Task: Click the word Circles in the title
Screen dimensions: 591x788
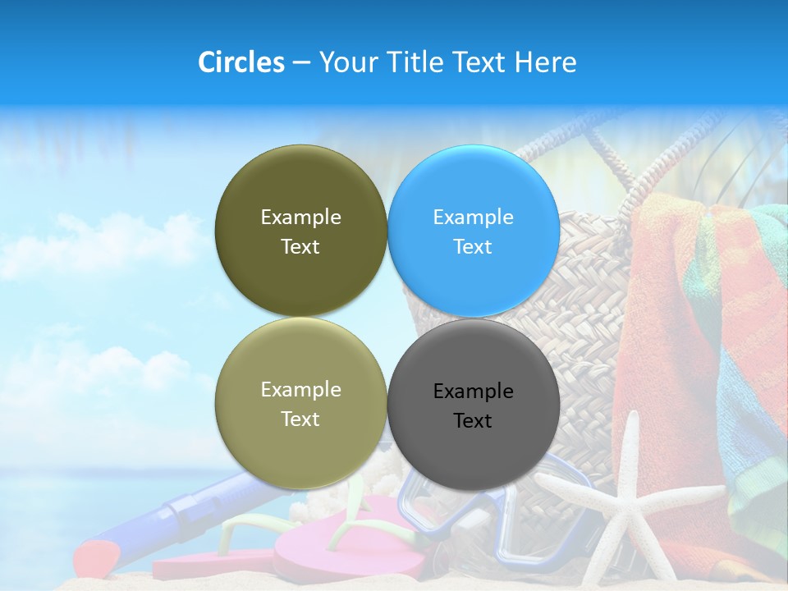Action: point(241,62)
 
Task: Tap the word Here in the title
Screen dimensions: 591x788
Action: point(545,62)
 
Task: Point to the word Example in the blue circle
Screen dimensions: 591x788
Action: point(473,218)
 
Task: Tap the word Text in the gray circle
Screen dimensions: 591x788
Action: point(472,421)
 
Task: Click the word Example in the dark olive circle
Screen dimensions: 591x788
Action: point(300,218)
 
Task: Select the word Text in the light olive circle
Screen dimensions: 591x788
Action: point(300,419)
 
